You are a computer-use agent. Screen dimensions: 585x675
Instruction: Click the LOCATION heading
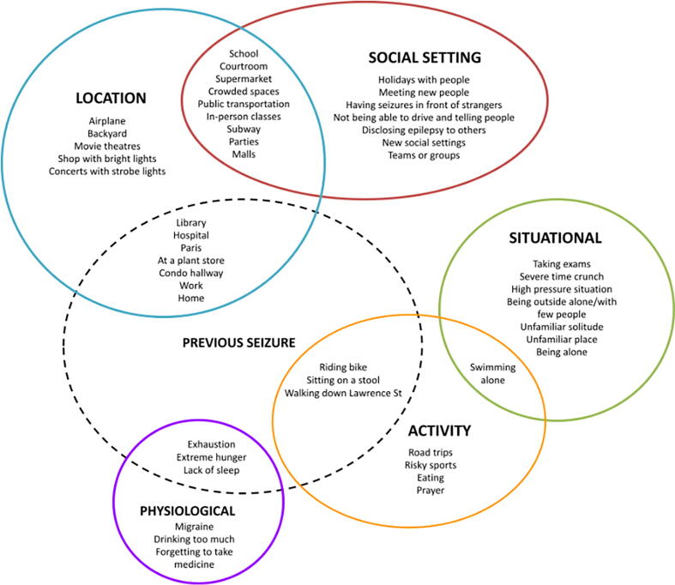[110, 98]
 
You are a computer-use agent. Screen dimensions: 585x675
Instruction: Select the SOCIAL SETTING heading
[424, 57]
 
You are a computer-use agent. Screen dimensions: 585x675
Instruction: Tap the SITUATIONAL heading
[555, 238]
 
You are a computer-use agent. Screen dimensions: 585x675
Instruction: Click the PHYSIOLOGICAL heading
[187, 510]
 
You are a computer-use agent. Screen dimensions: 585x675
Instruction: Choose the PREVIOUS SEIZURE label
[238, 342]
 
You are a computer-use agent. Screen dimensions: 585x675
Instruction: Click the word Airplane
[106, 121]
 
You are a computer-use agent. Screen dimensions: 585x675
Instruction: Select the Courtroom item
[244, 66]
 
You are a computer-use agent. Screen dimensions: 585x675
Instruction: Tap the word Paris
[190, 247]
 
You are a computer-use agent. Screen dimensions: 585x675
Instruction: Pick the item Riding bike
[343, 367]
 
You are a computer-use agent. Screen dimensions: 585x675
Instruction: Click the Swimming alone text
[493, 373]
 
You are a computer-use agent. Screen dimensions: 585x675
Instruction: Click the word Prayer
[431, 491]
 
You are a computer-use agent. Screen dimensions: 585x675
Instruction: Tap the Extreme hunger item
[210, 456]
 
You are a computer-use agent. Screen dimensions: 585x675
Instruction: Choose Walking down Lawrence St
[343, 393]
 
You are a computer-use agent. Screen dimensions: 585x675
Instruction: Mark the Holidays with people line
[424, 80]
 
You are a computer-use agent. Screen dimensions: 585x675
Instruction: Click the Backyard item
[106, 134]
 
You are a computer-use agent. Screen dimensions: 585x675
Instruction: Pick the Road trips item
[431, 452]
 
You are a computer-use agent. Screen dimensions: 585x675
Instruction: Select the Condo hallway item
[190, 273]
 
